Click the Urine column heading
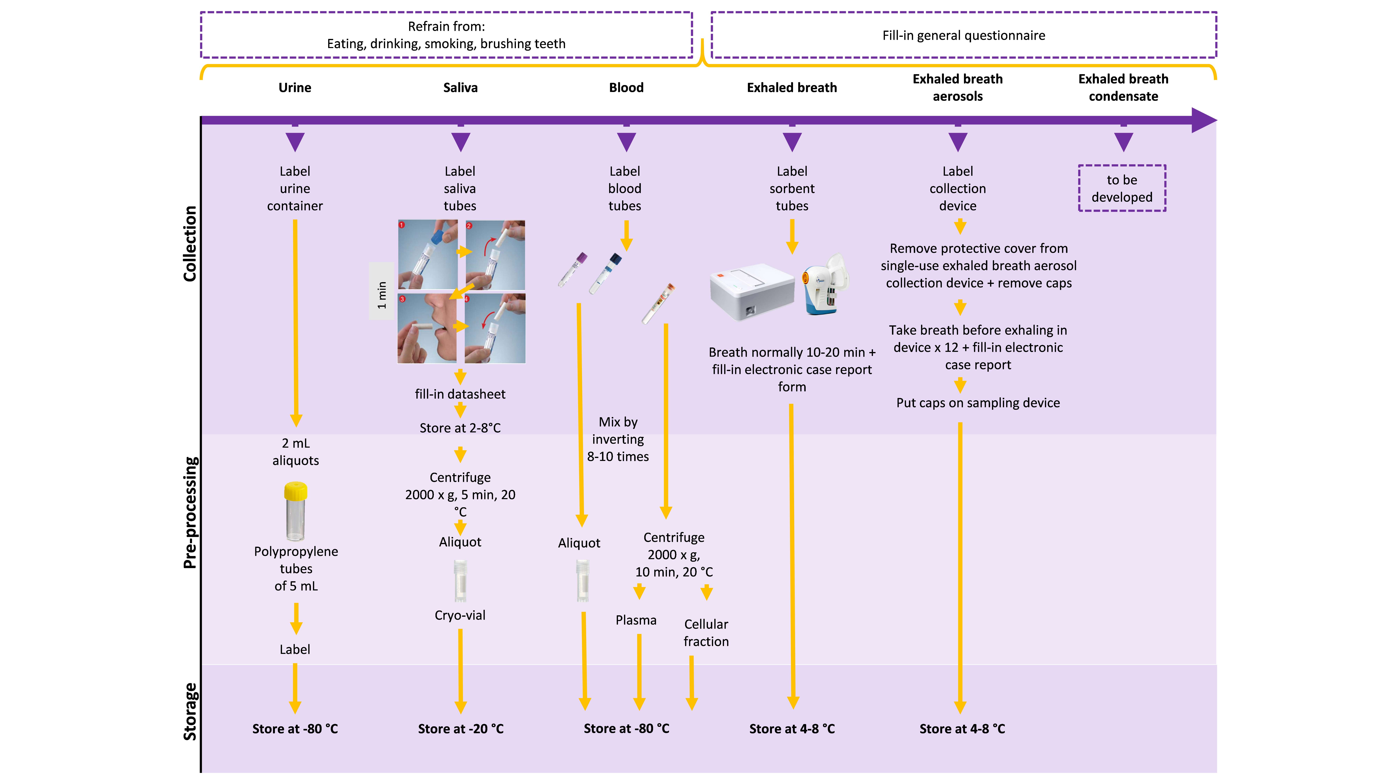click(x=294, y=87)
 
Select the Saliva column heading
click(x=460, y=87)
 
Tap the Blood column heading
click(x=626, y=87)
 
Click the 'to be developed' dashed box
click(x=1122, y=188)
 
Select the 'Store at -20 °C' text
click(x=460, y=729)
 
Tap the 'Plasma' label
click(x=636, y=620)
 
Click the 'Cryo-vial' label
click(x=460, y=615)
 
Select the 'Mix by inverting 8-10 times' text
click(x=618, y=439)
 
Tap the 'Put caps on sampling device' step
click(x=978, y=403)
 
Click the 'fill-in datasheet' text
click(x=460, y=394)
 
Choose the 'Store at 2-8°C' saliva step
click(x=460, y=428)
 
